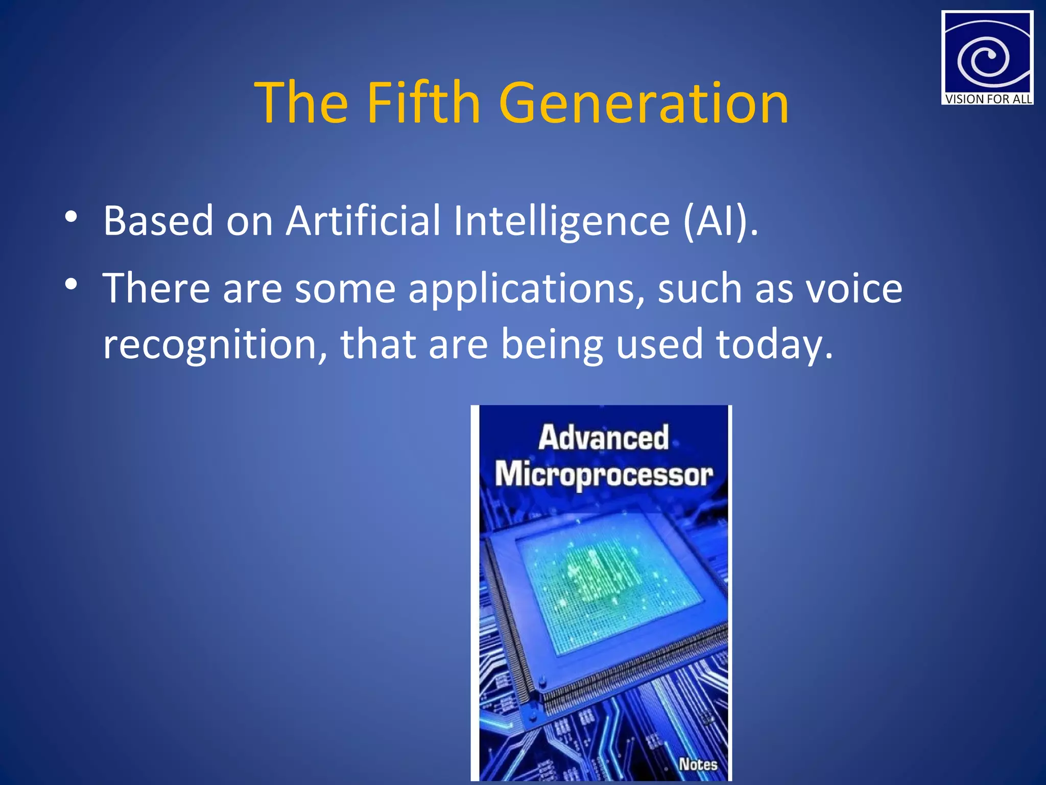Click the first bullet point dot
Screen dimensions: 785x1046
(x=71, y=217)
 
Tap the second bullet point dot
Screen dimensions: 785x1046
(x=71, y=285)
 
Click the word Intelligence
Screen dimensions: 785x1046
(x=561, y=221)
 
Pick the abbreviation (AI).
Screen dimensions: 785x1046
(x=720, y=221)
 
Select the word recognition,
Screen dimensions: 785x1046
(x=215, y=345)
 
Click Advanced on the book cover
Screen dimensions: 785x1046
(x=603, y=437)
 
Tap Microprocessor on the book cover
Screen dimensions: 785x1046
(x=603, y=474)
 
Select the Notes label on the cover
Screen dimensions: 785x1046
(x=698, y=764)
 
